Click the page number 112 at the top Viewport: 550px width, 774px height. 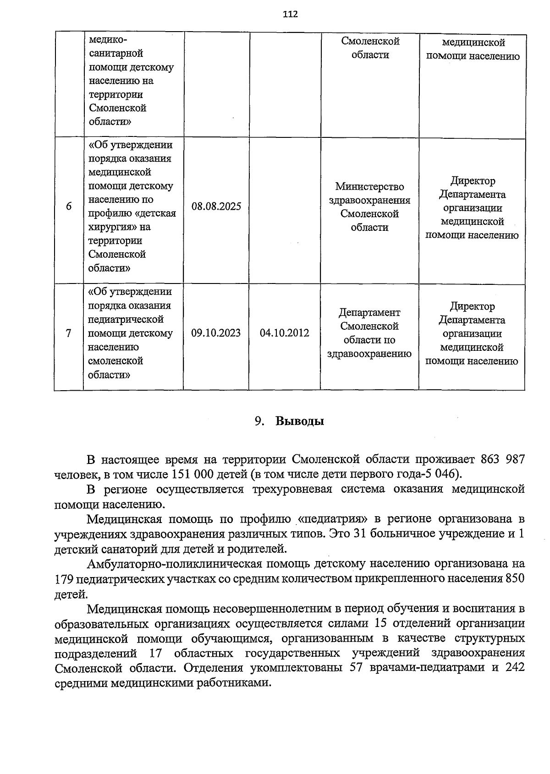coord(290,14)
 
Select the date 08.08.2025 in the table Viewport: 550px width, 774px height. coord(216,207)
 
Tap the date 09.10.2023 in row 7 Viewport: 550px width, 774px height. coord(216,333)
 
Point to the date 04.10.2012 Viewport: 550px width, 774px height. coord(284,333)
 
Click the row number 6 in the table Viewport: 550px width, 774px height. coord(69,207)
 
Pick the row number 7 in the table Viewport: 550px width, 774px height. coord(69,333)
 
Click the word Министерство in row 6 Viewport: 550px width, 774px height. coord(369,187)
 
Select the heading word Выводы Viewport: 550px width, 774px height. coord(300,421)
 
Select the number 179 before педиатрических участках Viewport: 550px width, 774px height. coord(63,579)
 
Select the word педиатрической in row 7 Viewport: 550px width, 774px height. coord(126,319)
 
